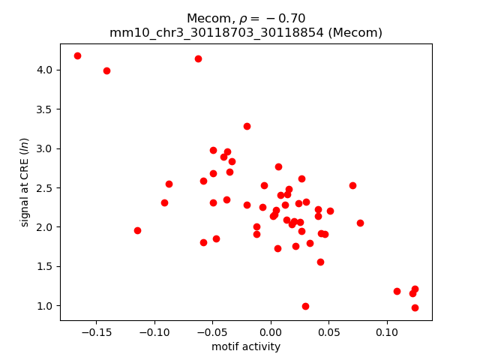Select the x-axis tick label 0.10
click(386, 331)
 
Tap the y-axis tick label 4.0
click(45, 70)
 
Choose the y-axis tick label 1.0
click(45, 305)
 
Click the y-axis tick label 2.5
click(45, 187)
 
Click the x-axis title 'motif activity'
click(246, 346)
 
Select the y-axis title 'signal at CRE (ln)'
click(24, 181)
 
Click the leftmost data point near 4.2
click(77, 55)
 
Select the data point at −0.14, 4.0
click(106, 70)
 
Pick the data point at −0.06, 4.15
click(198, 58)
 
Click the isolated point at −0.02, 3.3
click(247, 126)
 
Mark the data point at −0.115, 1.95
click(137, 230)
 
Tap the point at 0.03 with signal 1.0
click(305, 306)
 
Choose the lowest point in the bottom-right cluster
click(415, 307)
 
